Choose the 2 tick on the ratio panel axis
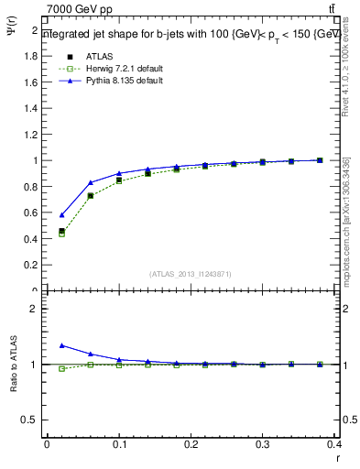36,309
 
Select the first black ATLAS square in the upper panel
61,232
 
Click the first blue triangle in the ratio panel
61,345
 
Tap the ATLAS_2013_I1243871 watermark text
191,274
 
